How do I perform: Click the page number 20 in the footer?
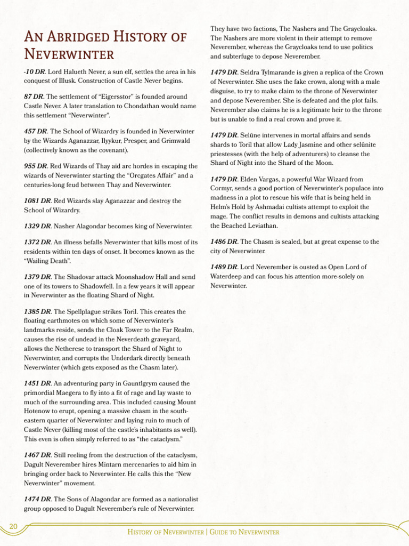13,527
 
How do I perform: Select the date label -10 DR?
34,71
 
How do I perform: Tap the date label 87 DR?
34,97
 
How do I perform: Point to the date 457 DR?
36,131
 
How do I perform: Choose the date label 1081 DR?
37,201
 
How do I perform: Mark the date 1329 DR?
37,226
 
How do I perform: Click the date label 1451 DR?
37,383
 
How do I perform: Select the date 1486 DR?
224,242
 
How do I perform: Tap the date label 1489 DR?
224,267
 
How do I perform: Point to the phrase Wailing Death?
47,261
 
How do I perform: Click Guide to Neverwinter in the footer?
244,532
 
